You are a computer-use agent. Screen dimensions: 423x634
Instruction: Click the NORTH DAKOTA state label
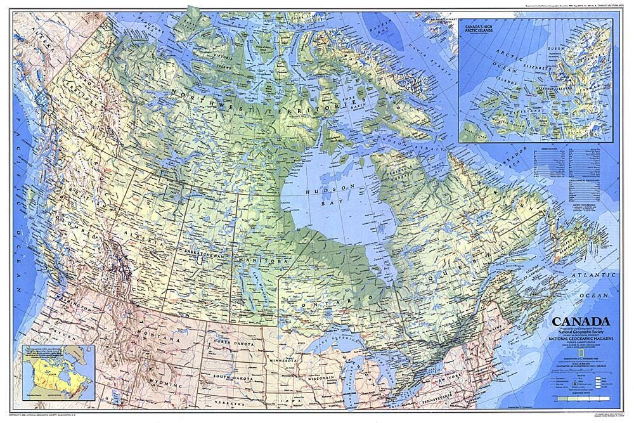click(x=231, y=342)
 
